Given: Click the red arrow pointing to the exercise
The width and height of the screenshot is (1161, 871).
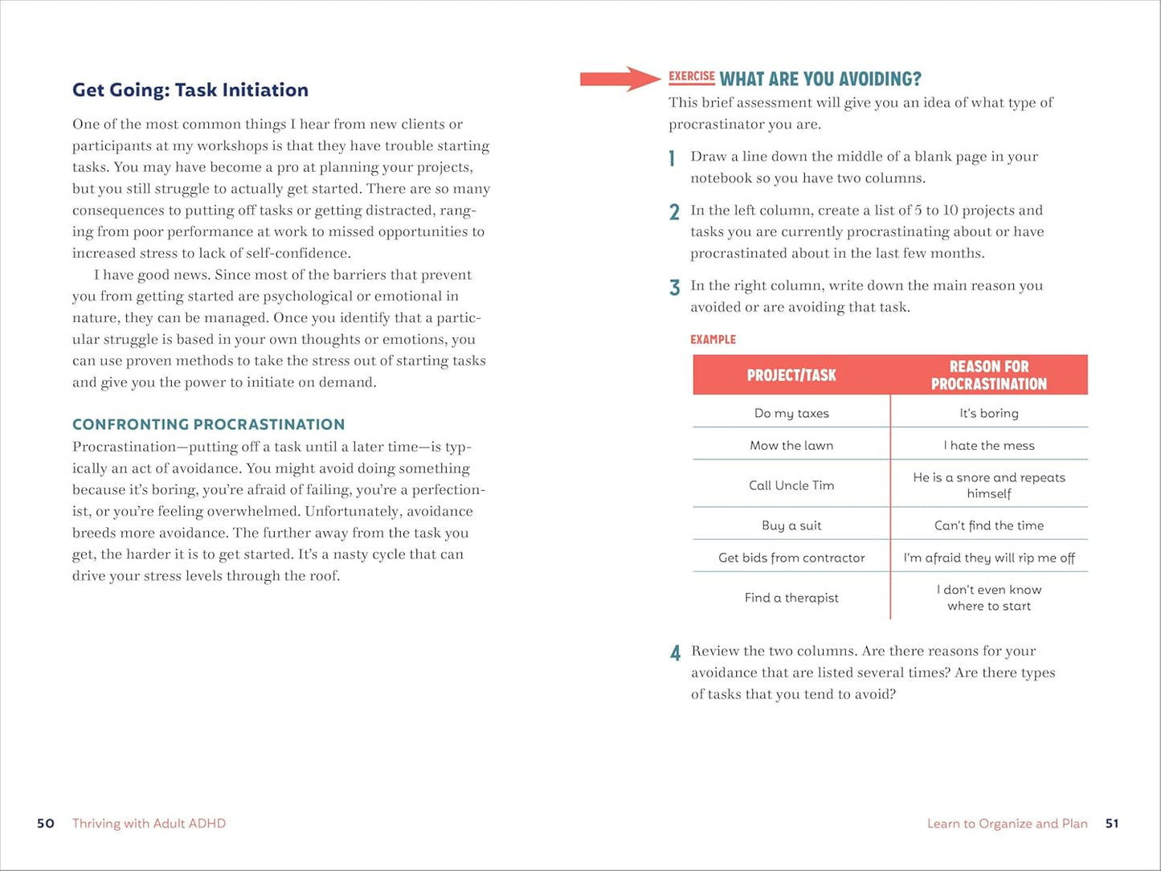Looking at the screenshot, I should coord(619,78).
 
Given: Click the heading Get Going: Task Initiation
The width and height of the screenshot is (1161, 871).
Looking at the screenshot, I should coord(190,90).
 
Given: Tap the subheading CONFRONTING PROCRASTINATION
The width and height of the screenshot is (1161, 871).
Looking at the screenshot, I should coord(208,424).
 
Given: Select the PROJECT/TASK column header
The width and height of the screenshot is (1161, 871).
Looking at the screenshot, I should coord(791,375).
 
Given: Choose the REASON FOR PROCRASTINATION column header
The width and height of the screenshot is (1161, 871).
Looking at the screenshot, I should coord(988,375).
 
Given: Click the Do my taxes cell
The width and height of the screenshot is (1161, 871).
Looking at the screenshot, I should coord(791,413).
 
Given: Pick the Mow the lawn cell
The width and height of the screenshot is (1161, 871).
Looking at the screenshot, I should coord(791,445).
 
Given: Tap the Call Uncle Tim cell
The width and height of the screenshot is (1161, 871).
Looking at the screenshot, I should coord(791,485).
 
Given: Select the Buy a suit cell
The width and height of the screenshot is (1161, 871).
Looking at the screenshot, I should coord(791,525).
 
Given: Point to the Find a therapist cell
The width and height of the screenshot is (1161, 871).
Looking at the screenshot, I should coord(791,598).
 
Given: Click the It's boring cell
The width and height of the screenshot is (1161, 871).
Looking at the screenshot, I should coord(988,413).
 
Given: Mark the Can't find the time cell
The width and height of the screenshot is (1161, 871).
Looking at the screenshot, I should coord(988,525).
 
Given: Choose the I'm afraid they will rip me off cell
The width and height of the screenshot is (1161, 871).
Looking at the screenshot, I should coord(988,558).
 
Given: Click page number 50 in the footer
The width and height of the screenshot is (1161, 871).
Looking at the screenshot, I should coord(46,824).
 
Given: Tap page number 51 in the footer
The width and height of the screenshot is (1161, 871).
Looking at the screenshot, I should coord(1112,824).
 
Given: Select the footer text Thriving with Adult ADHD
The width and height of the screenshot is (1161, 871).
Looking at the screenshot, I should coord(149,824).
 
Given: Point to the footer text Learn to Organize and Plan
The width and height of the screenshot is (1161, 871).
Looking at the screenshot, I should coord(1007,824).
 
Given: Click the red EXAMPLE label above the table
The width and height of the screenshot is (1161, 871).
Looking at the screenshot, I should coord(713,340).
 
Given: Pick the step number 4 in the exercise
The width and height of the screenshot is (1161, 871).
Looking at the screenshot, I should coord(675,653).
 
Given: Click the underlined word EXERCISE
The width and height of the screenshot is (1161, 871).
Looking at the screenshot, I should coord(691,77).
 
